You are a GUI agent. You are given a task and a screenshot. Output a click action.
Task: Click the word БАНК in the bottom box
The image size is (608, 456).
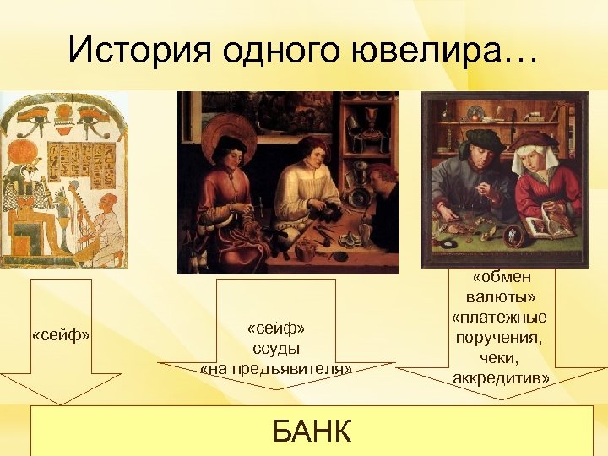312,432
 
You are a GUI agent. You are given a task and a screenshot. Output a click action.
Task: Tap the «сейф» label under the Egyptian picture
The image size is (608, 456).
60,335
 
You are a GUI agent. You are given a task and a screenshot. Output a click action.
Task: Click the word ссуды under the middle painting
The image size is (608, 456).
276,348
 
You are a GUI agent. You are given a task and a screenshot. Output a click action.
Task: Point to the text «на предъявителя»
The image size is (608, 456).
276,368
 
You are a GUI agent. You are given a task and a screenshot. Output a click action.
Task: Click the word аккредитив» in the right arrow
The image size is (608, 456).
500,377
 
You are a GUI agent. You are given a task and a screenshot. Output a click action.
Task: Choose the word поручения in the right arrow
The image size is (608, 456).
500,337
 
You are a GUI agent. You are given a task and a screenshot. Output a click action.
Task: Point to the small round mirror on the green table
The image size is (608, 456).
508,233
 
